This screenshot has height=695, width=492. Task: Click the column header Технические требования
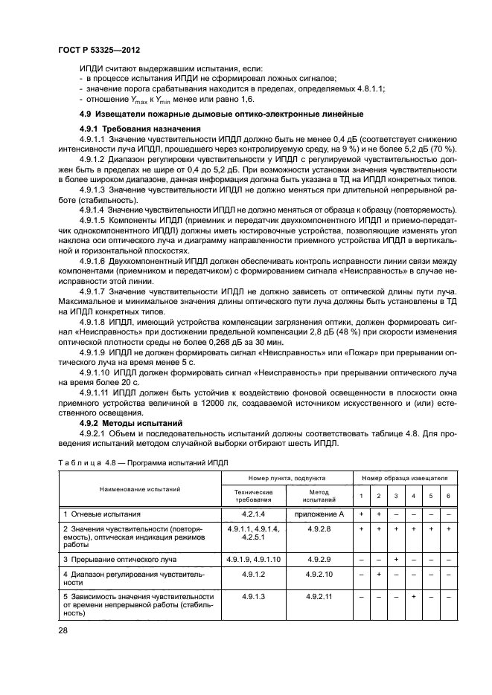pos(254,496)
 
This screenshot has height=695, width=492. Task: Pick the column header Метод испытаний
pos(319,496)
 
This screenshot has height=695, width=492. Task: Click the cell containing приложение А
pos(319,514)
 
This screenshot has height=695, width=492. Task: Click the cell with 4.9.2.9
pos(319,557)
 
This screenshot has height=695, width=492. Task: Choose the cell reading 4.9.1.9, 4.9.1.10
pos(254,557)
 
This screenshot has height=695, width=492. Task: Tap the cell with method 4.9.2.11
pos(319,596)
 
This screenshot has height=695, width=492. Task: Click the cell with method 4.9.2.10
pos(319,574)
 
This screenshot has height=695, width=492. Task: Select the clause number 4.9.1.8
pos(93,323)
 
